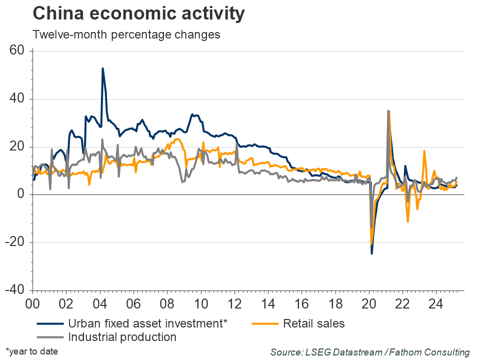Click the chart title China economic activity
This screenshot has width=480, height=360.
point(138,14)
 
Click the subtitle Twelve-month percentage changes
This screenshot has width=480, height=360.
point(126,35)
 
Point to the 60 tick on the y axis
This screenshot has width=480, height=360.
point(20,51)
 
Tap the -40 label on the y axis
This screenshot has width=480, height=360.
point(17,290)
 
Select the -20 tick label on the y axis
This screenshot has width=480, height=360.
point(17,242)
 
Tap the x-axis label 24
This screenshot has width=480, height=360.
point(436,303)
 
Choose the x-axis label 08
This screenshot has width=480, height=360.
point(167,303)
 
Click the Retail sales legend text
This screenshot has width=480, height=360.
point(313,323)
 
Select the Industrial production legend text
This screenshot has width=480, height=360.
point(122,337)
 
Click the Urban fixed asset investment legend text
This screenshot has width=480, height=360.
point(147,323)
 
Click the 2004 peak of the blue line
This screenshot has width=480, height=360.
point(102,68)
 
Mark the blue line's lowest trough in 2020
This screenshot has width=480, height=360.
point(371,253)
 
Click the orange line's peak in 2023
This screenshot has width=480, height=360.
point(424,150)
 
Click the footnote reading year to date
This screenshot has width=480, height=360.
point(32,351)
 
